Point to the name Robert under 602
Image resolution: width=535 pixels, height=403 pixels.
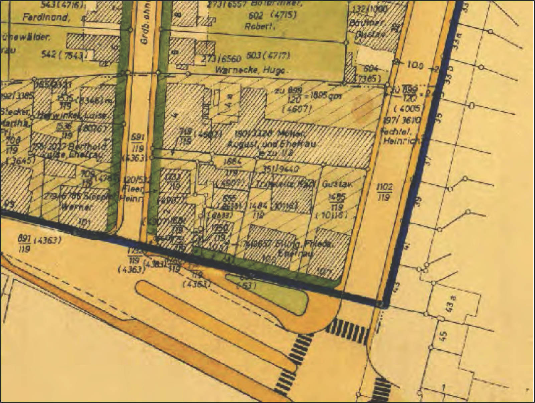[259, 26]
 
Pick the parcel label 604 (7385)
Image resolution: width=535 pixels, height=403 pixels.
[370, 73]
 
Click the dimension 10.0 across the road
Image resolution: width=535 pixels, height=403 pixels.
[415, 66]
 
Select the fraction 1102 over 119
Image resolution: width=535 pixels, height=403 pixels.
[384, 192]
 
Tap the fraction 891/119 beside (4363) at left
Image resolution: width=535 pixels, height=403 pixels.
[25, 244]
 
